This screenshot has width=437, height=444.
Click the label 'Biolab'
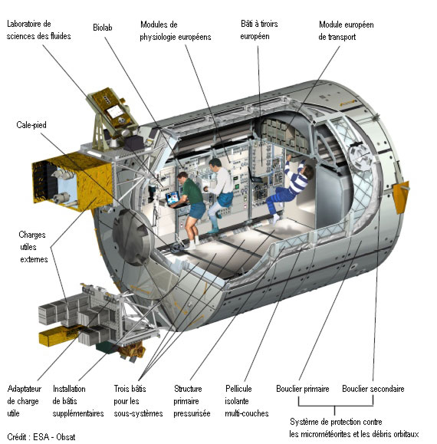point(103,28)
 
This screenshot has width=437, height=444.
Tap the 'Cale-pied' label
point(31,125)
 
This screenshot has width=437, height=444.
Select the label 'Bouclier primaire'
point(303,389)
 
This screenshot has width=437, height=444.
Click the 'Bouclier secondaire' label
point(373,389)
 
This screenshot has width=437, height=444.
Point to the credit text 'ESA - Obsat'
point(54,437)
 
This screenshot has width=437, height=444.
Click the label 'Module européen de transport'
point(346,31)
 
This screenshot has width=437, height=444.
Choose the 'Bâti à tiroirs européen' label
point(259,30)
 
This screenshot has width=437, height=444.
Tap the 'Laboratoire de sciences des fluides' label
point(38,30)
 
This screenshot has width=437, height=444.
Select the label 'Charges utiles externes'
point(33,247)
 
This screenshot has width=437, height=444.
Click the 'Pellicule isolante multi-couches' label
point(247,401)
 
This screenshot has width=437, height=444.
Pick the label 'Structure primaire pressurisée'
point(192,401)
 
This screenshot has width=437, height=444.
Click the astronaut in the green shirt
point(190,208)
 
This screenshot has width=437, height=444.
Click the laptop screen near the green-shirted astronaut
point(172,197)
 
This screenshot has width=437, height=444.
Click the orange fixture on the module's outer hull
point(401,196)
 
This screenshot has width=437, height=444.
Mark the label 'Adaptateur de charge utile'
point(24,401)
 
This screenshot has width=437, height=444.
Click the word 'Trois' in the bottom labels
point(121,389)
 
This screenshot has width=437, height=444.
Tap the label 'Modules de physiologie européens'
point(176,31)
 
